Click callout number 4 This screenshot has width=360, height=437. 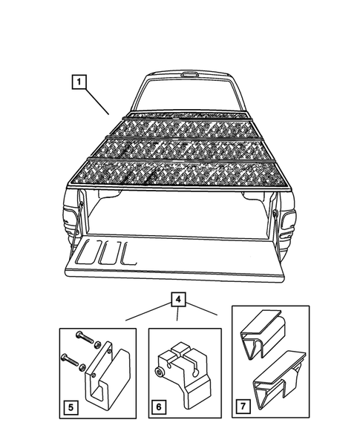[177, 300]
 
